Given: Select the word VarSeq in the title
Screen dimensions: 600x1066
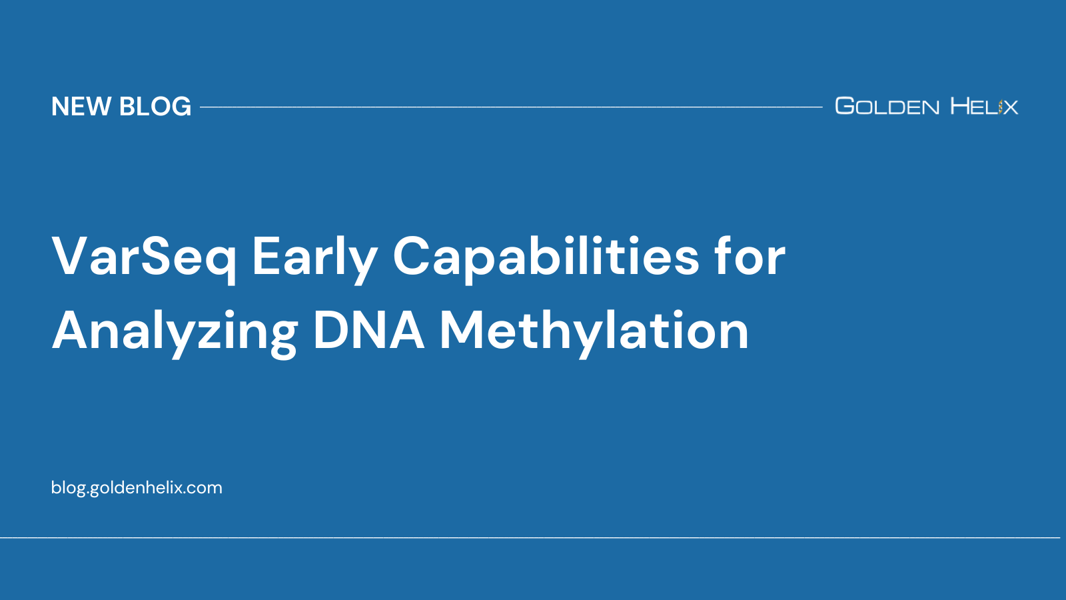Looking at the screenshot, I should coord(144,257).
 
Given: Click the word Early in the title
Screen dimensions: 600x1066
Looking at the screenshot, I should coord(314,257).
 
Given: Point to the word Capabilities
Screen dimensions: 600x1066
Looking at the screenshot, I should coord(546,257).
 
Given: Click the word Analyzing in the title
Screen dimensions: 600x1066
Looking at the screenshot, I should coord(175,331).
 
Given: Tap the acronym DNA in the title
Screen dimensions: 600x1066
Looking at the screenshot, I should coord(368,331).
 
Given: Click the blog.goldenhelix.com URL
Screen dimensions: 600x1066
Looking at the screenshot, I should coord(137,487).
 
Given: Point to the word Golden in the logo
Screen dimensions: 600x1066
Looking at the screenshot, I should coord(887,107).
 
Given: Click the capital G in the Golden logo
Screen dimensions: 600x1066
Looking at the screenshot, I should coord(845,106).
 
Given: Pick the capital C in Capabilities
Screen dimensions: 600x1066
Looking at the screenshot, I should coord(415,257).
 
